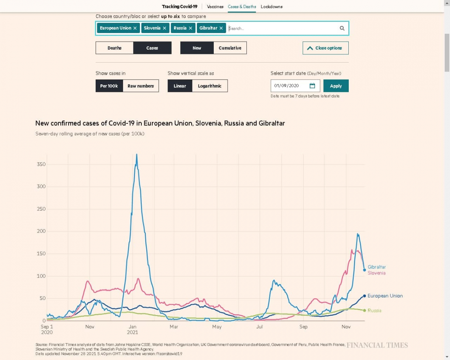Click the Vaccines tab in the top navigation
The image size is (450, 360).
point(215,7)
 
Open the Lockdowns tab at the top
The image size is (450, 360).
point(271,7)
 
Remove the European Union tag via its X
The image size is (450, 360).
point(135,28)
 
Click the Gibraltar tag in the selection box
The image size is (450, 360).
point(208,28)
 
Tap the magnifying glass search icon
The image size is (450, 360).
point(342,28)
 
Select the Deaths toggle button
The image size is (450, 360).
point(114,48)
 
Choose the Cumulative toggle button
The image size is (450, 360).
point(230,48)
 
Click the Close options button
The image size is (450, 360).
point(325,48)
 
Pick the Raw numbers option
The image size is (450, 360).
point(141,86)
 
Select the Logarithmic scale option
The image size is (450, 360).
point(210,86)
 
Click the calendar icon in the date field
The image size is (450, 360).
point(312,85)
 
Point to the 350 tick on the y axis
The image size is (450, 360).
point(41,164)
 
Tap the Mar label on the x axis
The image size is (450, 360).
point(174,327)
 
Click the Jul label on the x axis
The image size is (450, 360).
point(259,327)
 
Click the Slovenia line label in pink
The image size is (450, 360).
point(376,273)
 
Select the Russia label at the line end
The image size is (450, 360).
point(374,310)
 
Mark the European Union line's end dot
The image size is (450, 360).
point(364,296)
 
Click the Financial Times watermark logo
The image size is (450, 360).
point(377,345)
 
